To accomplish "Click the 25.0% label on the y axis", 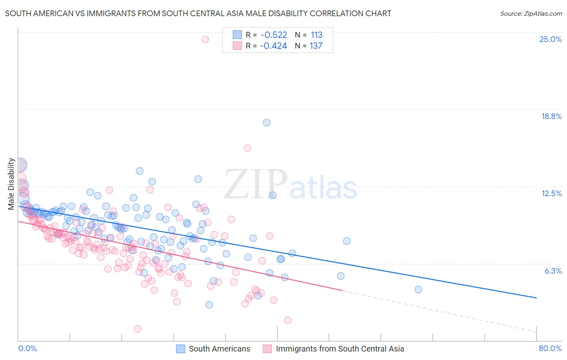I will [x=550, y=39].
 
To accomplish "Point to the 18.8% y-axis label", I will [x=551, y=116].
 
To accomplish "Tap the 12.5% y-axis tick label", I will [x=551, y=193].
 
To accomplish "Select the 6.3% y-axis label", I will [x=553, y=271].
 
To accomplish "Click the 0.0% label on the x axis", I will [x=28, y=348].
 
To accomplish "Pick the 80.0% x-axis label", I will [x=550, y=348].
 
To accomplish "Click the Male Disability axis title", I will [x=11, y=184].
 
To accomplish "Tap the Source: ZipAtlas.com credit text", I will [x=531, y=13].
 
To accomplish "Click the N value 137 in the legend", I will [x=316, y=46].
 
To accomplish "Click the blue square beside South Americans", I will [x=180, y=349].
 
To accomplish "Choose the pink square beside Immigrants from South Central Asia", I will [x=267, y=349].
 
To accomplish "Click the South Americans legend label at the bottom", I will [x=219, y=349].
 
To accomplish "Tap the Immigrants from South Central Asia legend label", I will [x=340, y=349].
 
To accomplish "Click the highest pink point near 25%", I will [x=205, y=39].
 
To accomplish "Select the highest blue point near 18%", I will [x=267, y=123].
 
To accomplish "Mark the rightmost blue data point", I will [x=418, y=289].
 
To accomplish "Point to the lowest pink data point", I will [x=138, y=329].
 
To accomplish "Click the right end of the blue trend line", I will [x=536, y=298].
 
